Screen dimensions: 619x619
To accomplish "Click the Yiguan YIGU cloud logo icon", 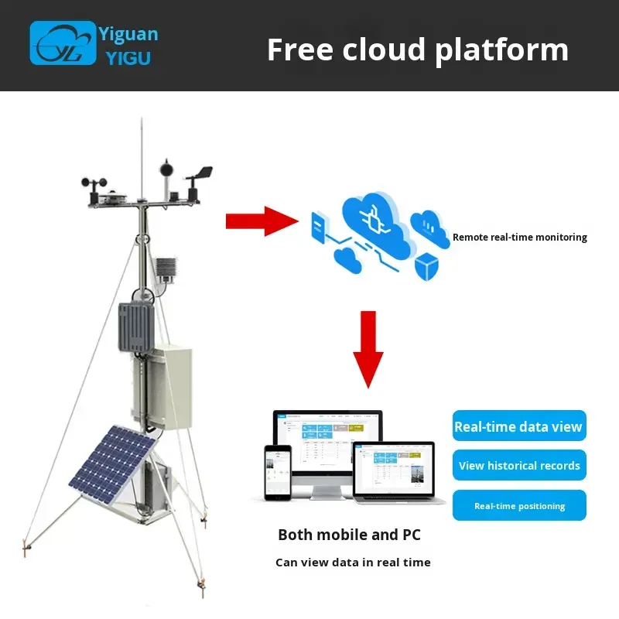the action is pyautogui.click(x=63, y=43).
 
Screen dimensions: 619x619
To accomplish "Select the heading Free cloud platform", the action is pyautogui.click(x=417, y=50).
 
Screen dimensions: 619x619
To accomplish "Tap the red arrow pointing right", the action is pyautogui.click(x=256, y=221).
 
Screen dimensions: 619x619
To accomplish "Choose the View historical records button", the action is pyautogui.click(x=519, y=466).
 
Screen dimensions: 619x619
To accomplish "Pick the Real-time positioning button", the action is pyautogui.click(x=519, y=506).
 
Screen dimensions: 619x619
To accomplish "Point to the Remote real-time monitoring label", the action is pyautogui.click(x=519, y=238).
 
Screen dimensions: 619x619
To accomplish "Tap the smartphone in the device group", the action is pyautogui.click(x=277, y=473).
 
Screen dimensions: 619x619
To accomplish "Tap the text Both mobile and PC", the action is pyautogui.click(x=349, y=535).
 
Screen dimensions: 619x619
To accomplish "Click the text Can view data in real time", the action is pyautogui.click(x=353, y=563).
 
